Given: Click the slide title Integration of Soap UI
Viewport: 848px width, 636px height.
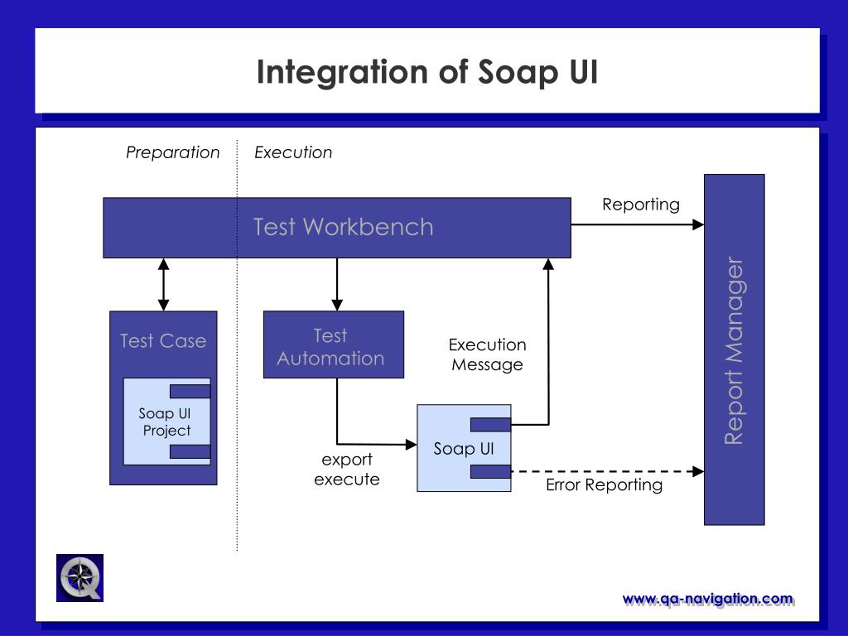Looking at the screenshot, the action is tap(427, 73).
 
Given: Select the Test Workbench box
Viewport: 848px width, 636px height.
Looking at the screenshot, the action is tap(337, 228).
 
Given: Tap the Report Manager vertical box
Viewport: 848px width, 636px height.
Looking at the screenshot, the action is tap(734, 349).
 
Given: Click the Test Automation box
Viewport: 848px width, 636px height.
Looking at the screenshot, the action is tap(334, 344).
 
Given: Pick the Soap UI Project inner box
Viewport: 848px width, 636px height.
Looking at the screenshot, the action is tap(167, 422).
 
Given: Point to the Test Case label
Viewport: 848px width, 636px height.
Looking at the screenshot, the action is tap(163, 340).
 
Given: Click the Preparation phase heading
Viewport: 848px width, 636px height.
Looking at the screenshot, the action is tap(172, 152).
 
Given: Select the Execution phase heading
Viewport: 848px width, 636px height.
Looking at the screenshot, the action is tap(293, 152).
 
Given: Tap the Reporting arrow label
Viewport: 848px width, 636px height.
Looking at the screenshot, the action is tap(641, 205).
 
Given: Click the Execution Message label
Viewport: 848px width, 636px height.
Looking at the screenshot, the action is tap(487, 354).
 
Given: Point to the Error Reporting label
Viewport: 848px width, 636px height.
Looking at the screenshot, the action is tap(604, 484).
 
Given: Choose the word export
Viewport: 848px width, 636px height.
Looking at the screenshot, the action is tap(347, 460).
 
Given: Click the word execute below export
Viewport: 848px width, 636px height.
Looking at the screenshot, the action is tap(347, 479).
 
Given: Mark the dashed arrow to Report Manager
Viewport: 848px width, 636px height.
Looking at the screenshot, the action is tap(607, 471).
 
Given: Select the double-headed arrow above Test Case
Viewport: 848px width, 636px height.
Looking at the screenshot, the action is tap(164, 285).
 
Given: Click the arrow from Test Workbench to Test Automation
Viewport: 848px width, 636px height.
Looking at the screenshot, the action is tap(337, 285).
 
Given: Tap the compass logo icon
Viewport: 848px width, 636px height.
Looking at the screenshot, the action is tap(80, 577).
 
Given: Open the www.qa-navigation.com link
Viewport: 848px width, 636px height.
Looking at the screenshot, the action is tap(708, 600).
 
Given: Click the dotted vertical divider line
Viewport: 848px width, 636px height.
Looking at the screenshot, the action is tap(237, 345).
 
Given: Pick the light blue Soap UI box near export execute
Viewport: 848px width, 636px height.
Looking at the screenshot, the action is tap(464, 448).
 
